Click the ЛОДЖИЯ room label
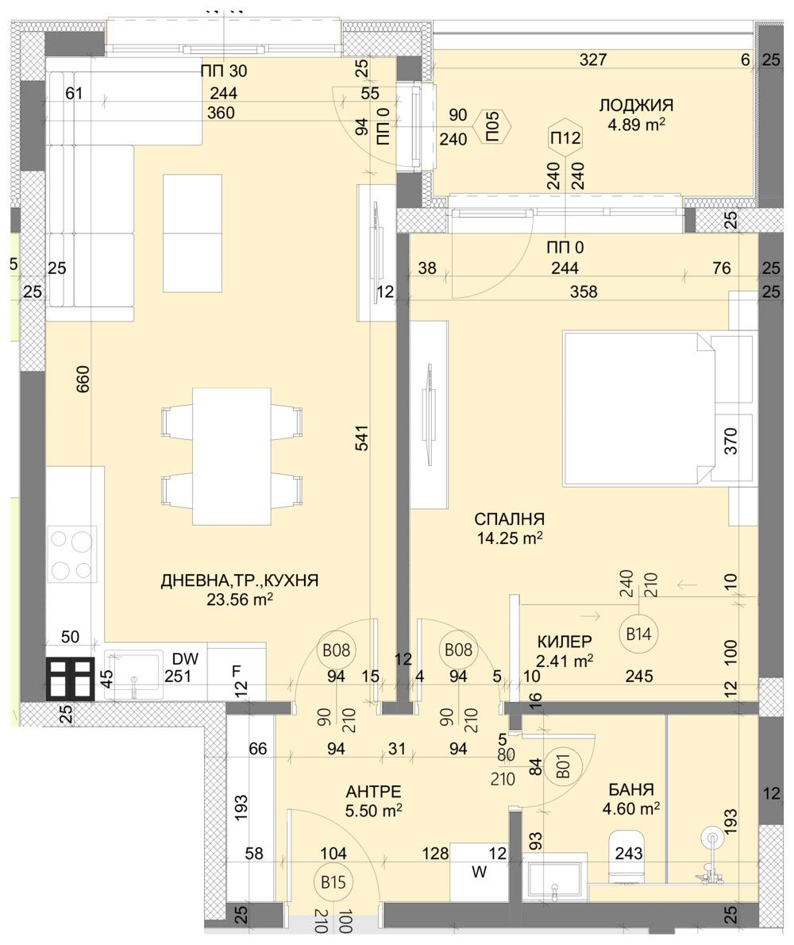coord(636,106)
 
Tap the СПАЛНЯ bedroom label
coord(509,519)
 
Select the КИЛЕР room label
coord(565,642)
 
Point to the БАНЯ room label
coord(631,789)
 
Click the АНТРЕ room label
coord(373,791)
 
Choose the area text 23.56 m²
coord(239,601)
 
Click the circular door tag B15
coord(337,881)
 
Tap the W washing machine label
coord(479,872)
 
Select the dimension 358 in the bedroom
coord(583,291)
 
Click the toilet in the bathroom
coord(626,856)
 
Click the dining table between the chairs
coord(232,456)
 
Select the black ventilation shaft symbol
coord(71,680)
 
